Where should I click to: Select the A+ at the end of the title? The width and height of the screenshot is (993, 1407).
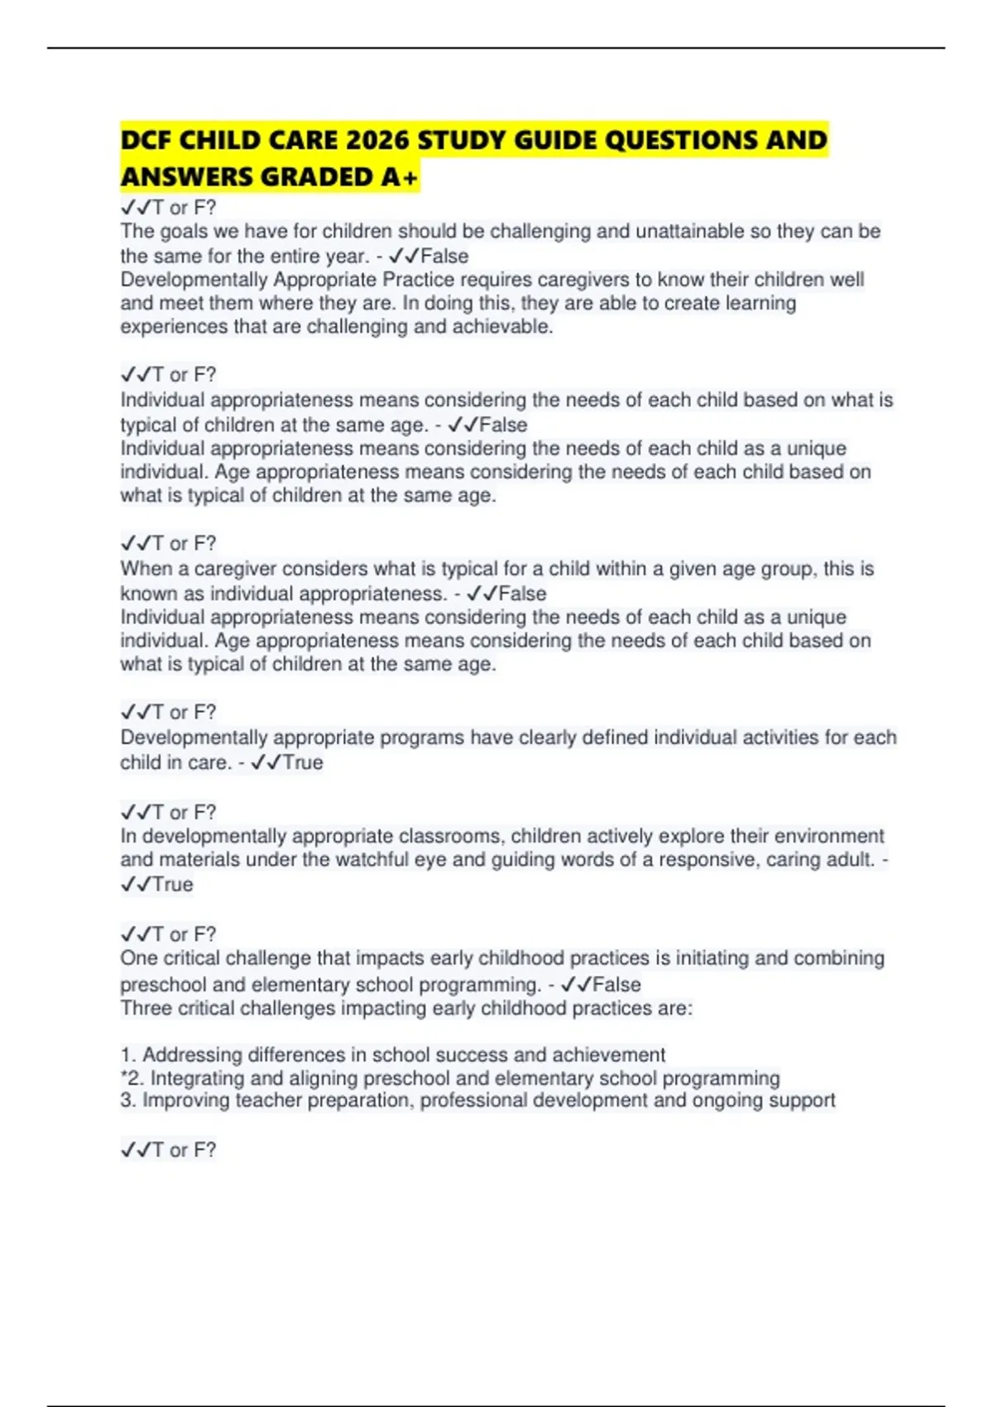point(401,176)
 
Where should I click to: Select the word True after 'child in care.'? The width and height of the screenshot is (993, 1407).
point(302,762)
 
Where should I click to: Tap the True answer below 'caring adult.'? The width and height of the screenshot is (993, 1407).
point(172,885)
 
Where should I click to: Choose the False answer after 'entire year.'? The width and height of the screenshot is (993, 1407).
point(444,257)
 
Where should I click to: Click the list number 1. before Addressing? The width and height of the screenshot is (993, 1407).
point(128,1055)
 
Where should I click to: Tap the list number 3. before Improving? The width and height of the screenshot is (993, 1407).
point(128,1101)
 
